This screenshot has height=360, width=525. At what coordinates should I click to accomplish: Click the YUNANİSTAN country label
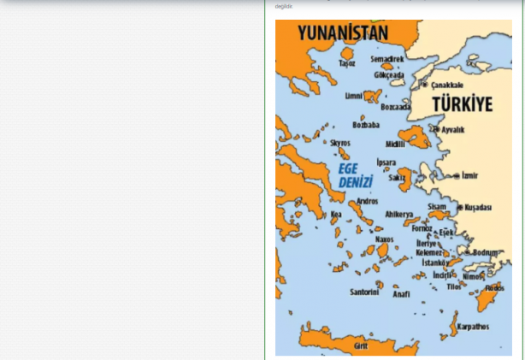[x=343, y=33]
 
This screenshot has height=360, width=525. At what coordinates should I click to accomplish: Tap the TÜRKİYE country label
[x=462, y=104]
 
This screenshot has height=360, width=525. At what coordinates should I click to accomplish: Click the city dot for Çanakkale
[x=424, y=85]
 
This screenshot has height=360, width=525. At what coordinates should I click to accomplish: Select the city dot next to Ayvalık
[x=436, y=130]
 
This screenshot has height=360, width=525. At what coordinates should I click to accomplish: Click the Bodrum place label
[x=486, y=252]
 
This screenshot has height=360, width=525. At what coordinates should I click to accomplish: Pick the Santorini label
[x=364, y=292]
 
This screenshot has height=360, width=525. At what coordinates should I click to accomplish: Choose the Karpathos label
[x=473, y=326]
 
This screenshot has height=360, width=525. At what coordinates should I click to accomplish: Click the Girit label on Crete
[x=361, y=345]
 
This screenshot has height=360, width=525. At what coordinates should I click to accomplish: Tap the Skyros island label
[x=340, y=143]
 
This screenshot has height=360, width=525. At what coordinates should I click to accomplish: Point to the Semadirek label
[x=387, y=59]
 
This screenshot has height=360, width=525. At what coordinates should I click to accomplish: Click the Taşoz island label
[x=346, y=63]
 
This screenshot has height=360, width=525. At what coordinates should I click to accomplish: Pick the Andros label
[x=367, y=201]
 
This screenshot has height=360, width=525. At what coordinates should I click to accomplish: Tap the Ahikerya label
[x=399, y=214]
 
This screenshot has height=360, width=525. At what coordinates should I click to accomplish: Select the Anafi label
[x=401, y=293]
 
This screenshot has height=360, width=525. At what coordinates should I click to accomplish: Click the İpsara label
[x=386, y=162]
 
